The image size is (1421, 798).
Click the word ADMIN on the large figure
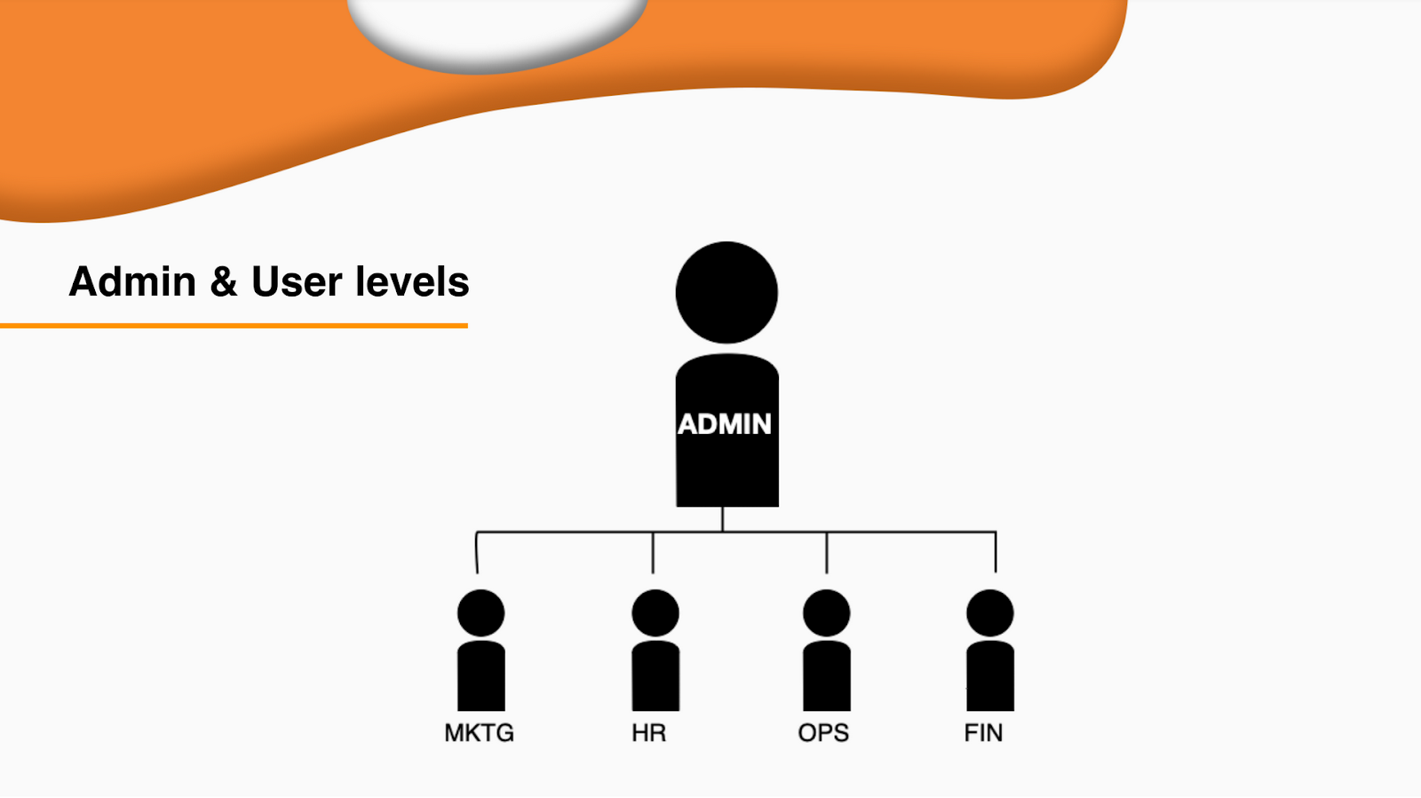725,424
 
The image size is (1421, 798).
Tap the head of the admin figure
726,292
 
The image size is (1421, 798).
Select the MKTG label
480,733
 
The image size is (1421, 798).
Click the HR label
649,733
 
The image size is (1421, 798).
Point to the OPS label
823,733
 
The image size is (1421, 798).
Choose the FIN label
984,733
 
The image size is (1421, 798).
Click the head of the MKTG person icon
480,612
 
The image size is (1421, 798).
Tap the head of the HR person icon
655,612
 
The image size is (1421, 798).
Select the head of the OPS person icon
826,612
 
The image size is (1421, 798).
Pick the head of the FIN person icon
990,612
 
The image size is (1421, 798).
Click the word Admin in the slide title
133,282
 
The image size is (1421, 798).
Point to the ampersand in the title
224,282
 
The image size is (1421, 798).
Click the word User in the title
297,282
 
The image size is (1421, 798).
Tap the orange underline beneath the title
234,326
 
